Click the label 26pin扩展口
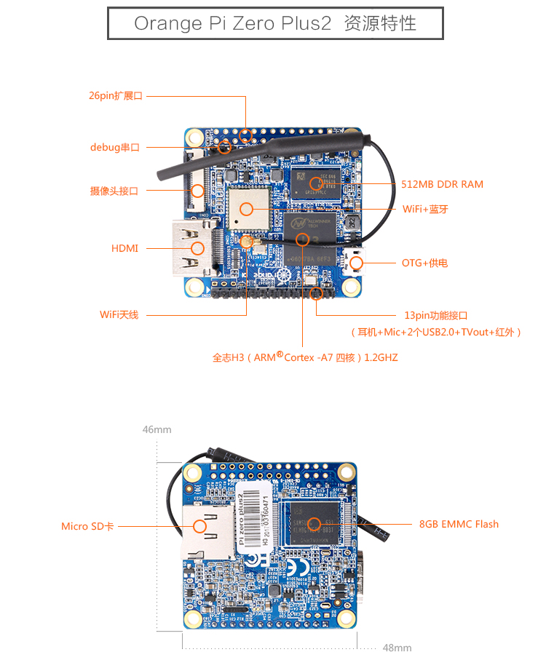tap(116, 96)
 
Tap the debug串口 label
tap(115, 147)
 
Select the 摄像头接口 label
tap(114, 191)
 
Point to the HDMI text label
tap(124, 248)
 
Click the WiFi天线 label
tap(119, 314)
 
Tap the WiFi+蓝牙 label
tap(425, 209)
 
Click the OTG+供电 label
tap(424, 263)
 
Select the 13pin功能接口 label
tap(435, 315)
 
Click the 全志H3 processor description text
tap(305, 357)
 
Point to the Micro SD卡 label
tap(87, 526)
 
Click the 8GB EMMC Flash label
tap(459, 524)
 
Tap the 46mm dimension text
tap(157, 429)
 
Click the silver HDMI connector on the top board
tap(191, 248)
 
